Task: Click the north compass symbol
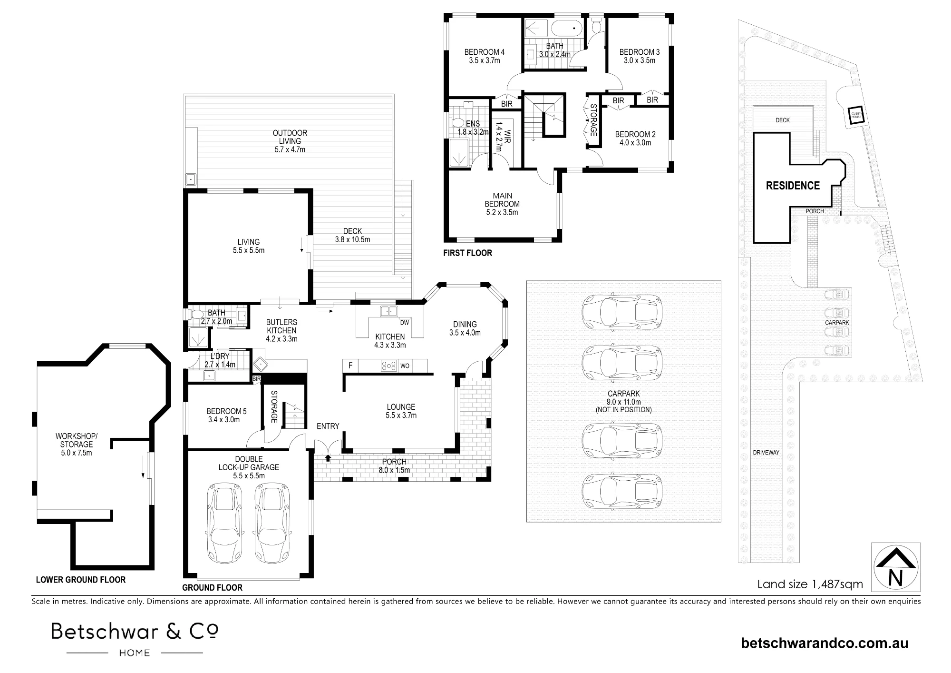pyautogui.click(x=896, y=567)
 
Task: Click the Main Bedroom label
pyautogui.click(x=503, y=200)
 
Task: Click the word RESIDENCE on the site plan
pyautogui.click(x=793, y=186)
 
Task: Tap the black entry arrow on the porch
pyautogui.click(x=328, y=458)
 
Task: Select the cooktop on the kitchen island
pyautogui.click(x=389, y=366)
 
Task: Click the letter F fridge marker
pyautogui.click(x=350, y=366)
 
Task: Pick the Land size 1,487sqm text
pyautogui.click(x=810, y=584)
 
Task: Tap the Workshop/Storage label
pyautogui.click(x=77, y=440)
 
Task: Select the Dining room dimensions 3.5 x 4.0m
pyautogui.click(x=465, y=333)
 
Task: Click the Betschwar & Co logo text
pyautogui.click(x=135, y=632)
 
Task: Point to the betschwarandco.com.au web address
pyautogui.click(x=825, y=643)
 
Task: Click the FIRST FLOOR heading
pyautogui.click(x=467, y=253)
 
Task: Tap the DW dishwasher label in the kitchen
pyautogui.click(x=404, y=323)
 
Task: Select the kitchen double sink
pyautogui.click(x=389, y=311)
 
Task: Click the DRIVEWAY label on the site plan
pyautogui.click(x=766, y=453)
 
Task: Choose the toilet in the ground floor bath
pyautogui.click(x=196, y=315)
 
